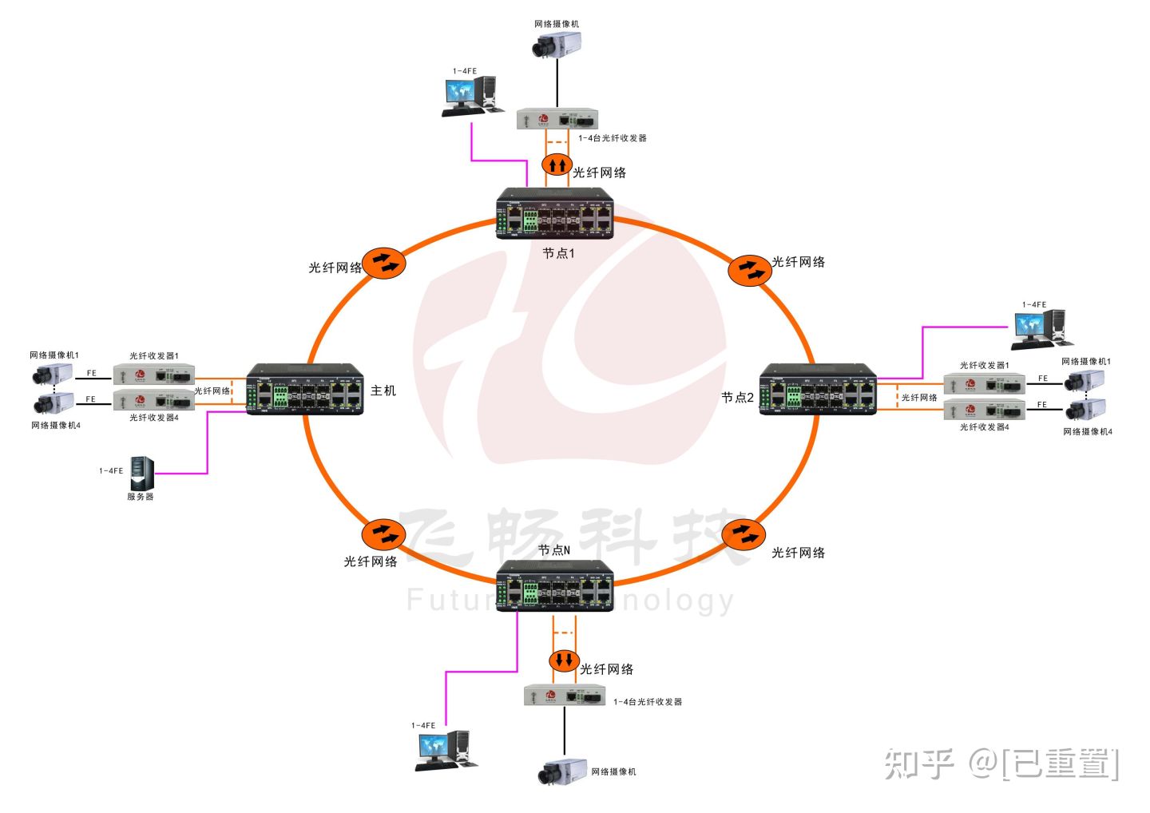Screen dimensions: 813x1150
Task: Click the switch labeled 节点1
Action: [x=555, y=214]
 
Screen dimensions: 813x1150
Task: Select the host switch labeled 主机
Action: [x=304, y=390]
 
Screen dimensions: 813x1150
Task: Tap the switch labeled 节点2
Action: [x=818, y=390]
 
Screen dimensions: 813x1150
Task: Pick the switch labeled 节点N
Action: [x=555, y=586]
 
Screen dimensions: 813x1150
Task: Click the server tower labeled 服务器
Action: [x=141, y=473]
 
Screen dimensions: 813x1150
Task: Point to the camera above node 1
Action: [x=556, y=44]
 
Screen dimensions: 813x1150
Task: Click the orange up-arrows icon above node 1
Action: [x=557, y=165]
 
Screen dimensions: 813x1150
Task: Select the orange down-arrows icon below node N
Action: [x=565, y=660]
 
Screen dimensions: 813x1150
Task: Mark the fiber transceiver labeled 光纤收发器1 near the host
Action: [x=153, y=374]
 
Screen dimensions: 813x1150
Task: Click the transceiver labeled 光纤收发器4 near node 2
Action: [x=984, y=410]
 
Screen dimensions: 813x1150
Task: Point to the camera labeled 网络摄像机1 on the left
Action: [x=53, y=373]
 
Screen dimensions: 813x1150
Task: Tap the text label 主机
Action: [x=383, y=391]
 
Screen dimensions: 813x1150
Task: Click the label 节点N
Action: [x=554, y=550]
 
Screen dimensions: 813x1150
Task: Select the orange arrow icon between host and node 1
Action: [x=384, y=263]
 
